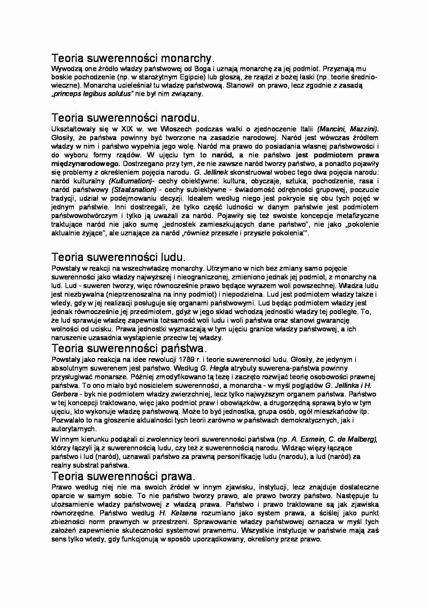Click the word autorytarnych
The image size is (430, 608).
click(x=73, y=429)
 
